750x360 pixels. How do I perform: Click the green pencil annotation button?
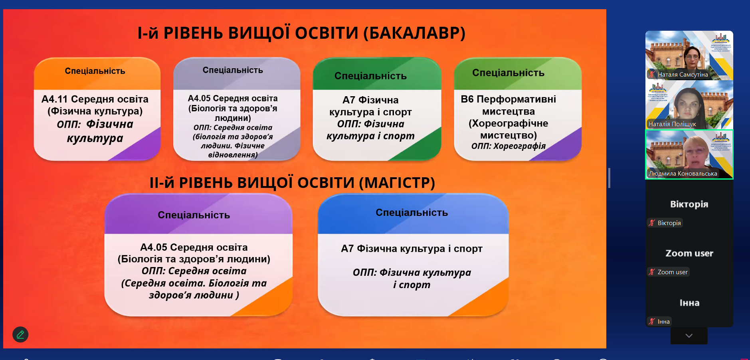20,334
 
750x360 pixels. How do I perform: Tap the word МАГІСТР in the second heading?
397,183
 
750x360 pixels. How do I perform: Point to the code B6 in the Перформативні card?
467,99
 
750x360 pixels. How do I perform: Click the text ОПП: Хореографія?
509,146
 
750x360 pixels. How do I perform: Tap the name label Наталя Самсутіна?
683,75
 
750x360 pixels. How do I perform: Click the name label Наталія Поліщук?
672,124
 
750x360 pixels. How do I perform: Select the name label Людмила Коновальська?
683,174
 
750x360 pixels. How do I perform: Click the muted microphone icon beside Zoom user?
652,272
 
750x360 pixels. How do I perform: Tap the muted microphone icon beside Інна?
652,322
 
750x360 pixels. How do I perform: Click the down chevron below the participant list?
689,336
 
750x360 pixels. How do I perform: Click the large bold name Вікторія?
689,204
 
